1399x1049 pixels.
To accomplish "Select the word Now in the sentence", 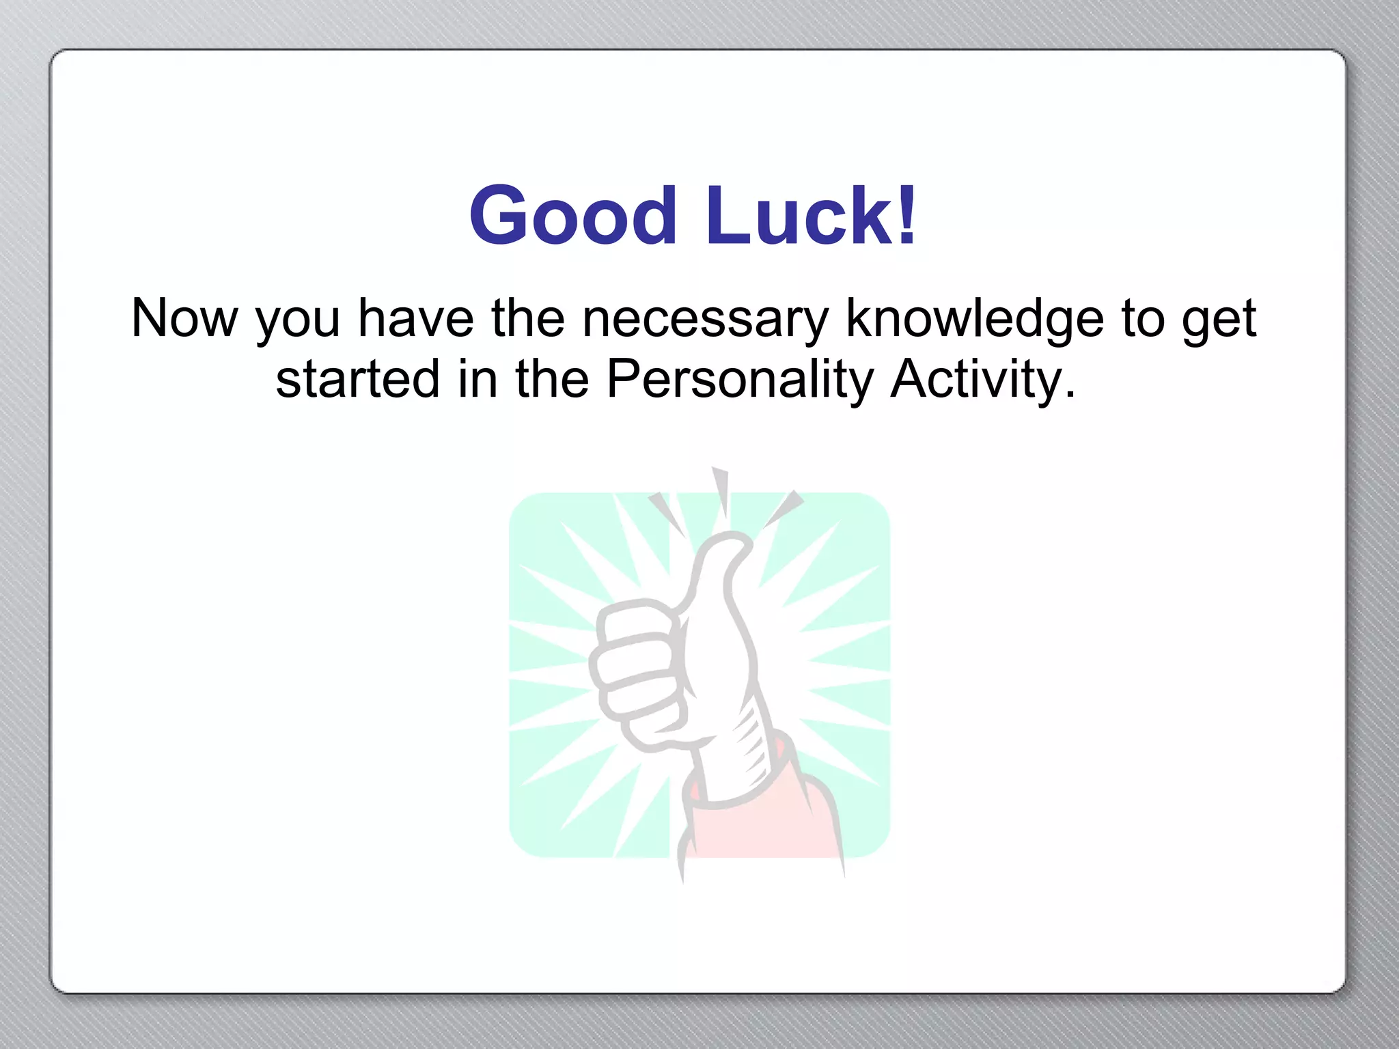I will tap(184, 318).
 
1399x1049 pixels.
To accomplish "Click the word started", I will tap(357, 380).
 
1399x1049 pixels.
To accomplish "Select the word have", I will tap(415, 318).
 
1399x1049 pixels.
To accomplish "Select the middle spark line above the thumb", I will tap(721, 489).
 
